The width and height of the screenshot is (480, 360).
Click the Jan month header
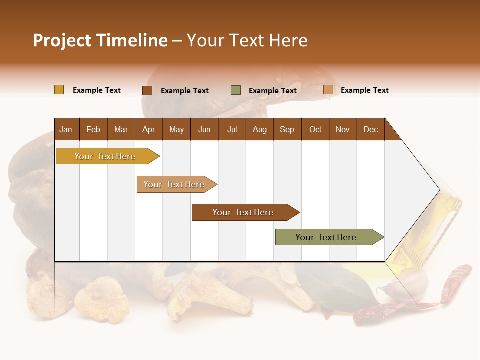tap(66, 130)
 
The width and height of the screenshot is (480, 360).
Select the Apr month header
tap(148, 130)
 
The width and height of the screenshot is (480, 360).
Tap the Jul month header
tap(232, 130)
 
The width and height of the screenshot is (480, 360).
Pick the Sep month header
tap(287, 130)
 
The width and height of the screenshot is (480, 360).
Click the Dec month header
tap(370, 130)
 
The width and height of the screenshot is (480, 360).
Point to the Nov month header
tap(342, 130)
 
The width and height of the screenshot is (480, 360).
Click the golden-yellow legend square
tap(59, 90)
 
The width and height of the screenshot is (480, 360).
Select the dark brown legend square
tap(147, 90)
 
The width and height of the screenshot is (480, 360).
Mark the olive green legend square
tap(236, 90)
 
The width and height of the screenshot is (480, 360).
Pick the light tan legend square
tap(328, 90)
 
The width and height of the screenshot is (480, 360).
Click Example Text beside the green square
tap(272, 91)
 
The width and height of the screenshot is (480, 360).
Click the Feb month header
tap(93, 130)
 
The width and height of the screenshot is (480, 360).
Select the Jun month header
tap(204, 130)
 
